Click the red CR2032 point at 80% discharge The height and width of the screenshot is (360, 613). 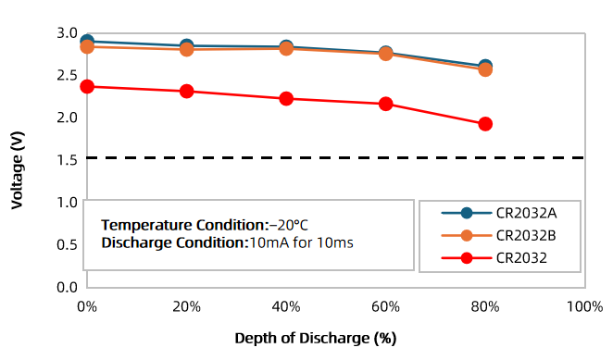[x=485, y=124]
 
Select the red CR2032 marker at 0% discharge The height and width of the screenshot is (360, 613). [x=87, y=86]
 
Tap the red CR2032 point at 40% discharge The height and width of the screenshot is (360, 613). [x=286, y=98]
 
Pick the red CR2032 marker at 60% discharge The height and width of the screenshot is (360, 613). [x=386, y=104]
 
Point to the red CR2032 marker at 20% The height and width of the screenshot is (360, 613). [x=187, y=92]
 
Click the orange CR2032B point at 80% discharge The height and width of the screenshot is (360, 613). [x=485, y=70]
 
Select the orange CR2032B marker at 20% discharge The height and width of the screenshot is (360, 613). [x=187, y=49]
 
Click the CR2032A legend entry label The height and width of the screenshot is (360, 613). [x=526, y=213]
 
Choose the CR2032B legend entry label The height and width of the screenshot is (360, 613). [x=526, y=236]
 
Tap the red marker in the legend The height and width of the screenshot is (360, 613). [x=467, y=258]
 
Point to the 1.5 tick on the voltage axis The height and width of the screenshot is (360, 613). [x=67, y=160]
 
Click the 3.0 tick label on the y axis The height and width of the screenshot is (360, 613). [x=68, y=33]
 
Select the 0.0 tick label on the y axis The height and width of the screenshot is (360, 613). [x=68, y=287]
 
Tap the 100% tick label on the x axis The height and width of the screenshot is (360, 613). [x=585, y=307]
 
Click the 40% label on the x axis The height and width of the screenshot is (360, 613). [x=286, y=307]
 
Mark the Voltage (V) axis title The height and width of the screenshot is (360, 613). [x=18, y=170]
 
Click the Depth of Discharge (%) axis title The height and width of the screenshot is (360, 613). [x=316, y=339]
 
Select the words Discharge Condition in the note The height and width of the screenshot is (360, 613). [x=173, y=242]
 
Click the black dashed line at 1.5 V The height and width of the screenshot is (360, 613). [x=336, y=157]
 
